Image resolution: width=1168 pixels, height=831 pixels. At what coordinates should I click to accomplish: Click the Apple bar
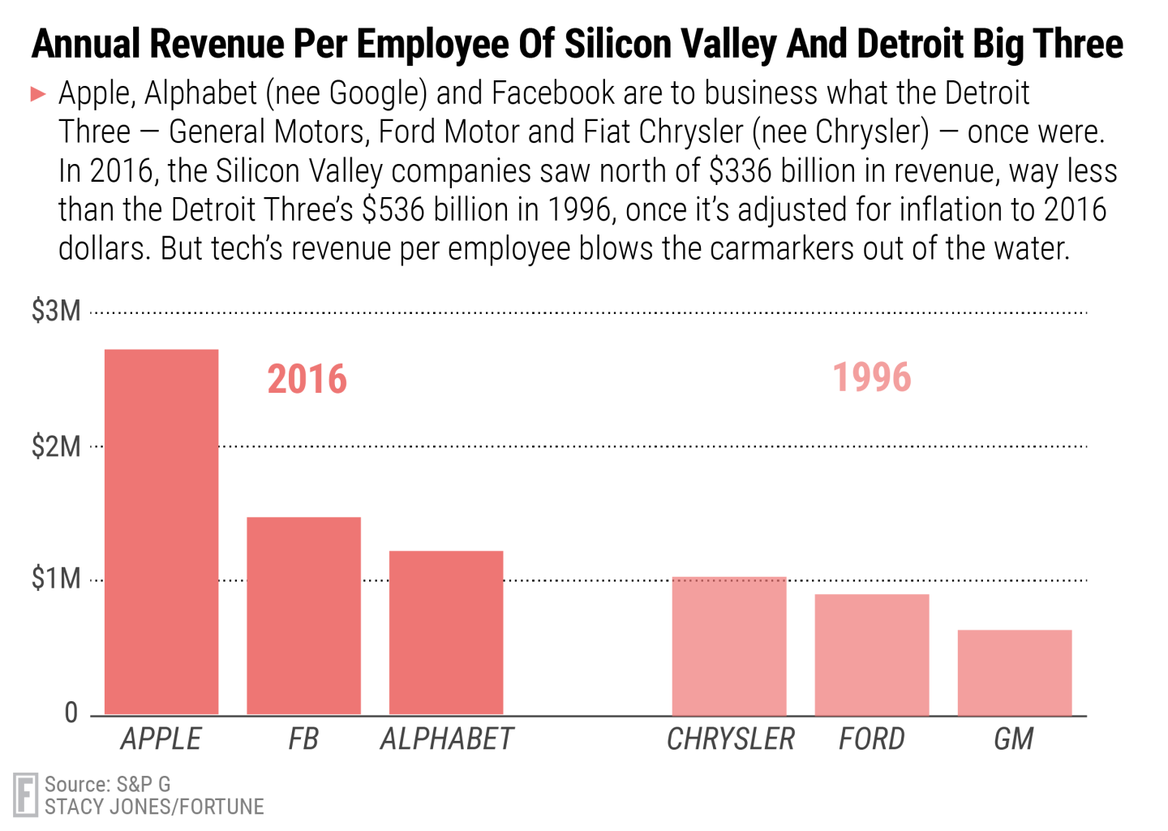tap(161, 532)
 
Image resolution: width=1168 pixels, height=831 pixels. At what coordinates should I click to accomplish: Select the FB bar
tap(303, 616)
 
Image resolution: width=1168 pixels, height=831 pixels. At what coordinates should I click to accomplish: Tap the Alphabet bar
tap(446, 633)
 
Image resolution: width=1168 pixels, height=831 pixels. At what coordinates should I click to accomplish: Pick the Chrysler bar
tap(729, 646)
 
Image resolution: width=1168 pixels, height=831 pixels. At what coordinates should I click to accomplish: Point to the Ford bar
tap(872, 655)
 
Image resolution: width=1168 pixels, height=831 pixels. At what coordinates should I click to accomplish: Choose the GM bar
tap(1015, 673)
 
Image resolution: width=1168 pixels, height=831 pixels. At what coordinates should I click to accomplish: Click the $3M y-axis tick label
tap(56, 311)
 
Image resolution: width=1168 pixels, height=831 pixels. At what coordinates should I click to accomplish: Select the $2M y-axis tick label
tap(56, 446)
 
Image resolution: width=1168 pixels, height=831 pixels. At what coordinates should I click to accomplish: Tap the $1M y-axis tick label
tap(56, 579)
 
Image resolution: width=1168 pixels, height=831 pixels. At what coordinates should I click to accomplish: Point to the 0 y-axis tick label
tap(71, 713)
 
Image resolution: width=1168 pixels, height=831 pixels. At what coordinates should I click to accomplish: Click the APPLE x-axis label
tap(161, 739)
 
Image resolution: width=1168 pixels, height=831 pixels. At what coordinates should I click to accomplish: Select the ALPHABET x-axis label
tap(447, 739)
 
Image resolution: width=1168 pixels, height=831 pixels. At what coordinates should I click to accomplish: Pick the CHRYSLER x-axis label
tap(730, 739)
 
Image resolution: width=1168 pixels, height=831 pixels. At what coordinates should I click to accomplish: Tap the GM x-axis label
tap(1014, 739)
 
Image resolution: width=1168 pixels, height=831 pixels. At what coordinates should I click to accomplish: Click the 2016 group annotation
tap(307, 380)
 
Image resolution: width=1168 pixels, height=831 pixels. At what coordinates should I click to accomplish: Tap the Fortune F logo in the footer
tap(26, 795)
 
